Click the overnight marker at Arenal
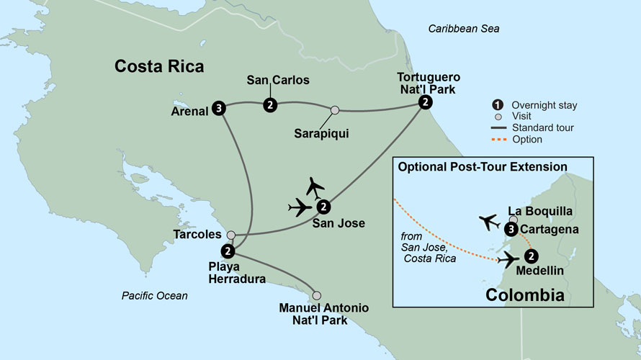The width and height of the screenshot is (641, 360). [x=220, y=109]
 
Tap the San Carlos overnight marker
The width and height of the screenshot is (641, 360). [x=269, y=105]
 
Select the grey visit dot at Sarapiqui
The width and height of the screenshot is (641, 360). [x=335, y=110]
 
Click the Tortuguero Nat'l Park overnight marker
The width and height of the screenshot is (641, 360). [x=426, y=103]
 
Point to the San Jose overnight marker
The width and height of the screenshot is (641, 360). [x=323, y=207]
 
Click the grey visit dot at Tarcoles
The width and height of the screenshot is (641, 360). [x=230, y=235]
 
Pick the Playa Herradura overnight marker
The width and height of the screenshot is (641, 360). [x=228, y=251]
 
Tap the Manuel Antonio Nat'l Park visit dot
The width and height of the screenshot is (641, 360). [x=316, y=295]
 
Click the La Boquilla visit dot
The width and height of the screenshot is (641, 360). [x=513, y=220]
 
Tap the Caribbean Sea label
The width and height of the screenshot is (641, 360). [x=463, y=29]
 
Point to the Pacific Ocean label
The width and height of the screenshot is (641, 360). [x=154, y=295]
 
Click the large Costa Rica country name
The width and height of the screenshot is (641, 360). [x=159, y=67]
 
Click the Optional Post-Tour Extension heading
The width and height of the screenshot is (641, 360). [x=482, y=167]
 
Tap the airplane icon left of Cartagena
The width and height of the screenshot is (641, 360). [x=490, y=222]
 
